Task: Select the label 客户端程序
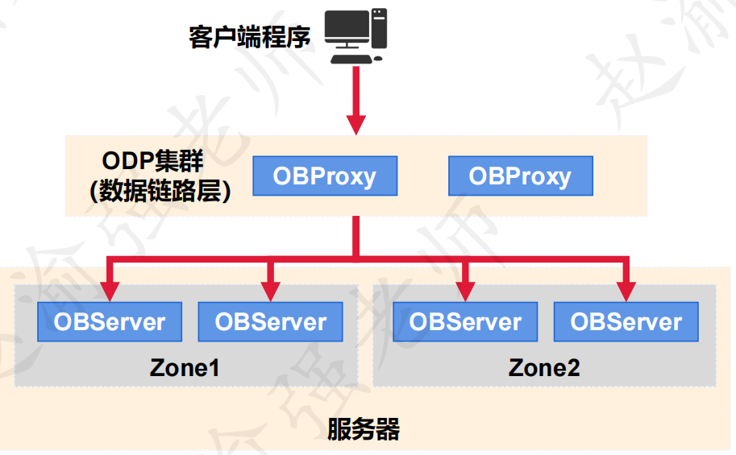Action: click(x=249, y=37)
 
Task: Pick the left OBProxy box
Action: click(x=325, y=176)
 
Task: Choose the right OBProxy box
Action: click(x=520, y=176)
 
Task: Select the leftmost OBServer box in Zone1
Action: click(x=110, y=322)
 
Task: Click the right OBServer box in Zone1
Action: click(x=271, y=322)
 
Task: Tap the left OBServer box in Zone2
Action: click(x=465, y=322)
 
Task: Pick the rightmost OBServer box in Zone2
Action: click(x=626, y=322)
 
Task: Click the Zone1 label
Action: click(x=185, y=368)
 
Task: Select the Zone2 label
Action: click(x=544, y=368)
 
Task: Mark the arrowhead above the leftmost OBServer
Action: click(x=110, y=291)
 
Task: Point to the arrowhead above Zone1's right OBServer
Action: click(x=271, y=291)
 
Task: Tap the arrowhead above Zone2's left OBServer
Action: click(x=465, y=291)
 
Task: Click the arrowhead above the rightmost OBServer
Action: click(x=626, y=291)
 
